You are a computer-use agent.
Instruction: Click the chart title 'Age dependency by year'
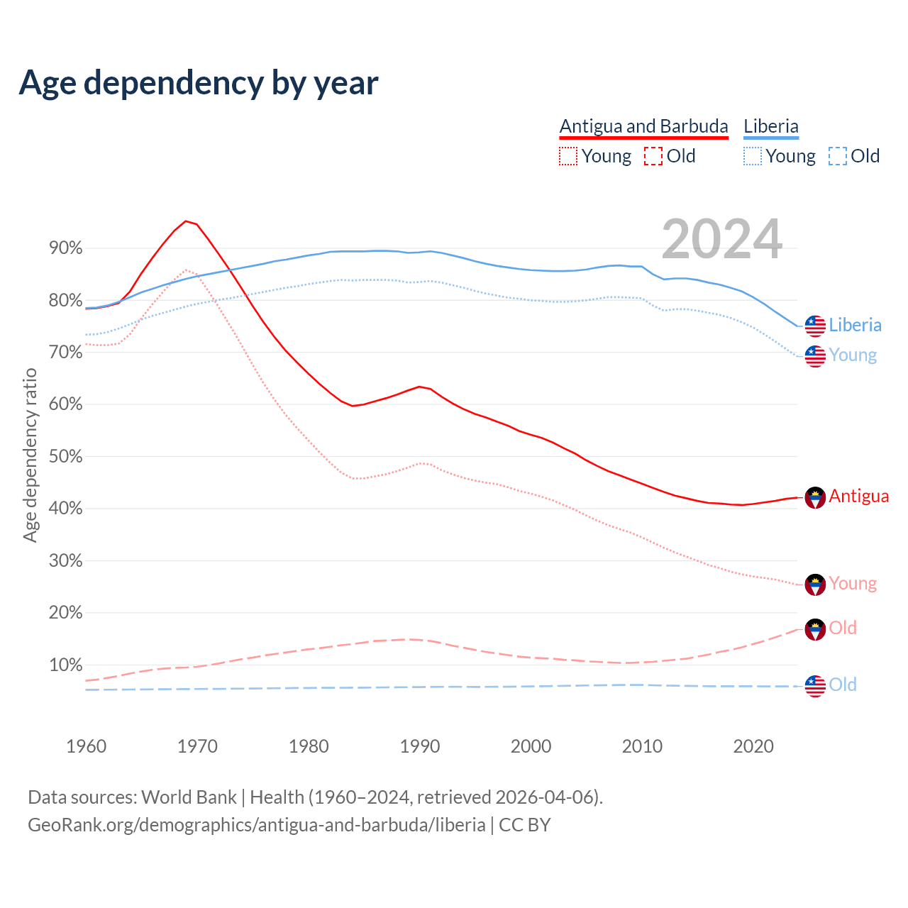pyautogui.click(x=199, y=82)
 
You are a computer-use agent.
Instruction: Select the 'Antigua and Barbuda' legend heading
pyautogui.click(x=643, y=126)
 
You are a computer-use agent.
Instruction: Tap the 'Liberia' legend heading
pyautogui.click(x=771, y=126)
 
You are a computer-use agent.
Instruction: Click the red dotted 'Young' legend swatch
pyautogui.click(x=569, y=156)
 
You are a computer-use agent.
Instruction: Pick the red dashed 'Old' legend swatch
pyautogui.click(x=653, y=156)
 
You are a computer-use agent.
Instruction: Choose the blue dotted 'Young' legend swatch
pyautogui.click(x=753, y=156)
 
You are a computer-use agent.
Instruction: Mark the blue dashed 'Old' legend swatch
pyautogui.click(x=838, y=156)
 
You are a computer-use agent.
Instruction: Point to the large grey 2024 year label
pyautogui.click(x=722, y=239)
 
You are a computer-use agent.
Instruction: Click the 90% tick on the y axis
pyautogui.click(x=65, y=248)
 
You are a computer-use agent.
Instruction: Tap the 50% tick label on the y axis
pyautogui.click(x=65, y=457)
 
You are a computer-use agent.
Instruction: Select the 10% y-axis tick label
pyautogui.click(x=65, y=665)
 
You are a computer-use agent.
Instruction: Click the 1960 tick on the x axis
pyautogui.click(x=86, y=746)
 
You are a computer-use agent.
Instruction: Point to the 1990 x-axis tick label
pyautogui.click(x=420, y=746)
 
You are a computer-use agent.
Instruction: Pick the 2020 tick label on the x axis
pyautogui.click(x=753, y=746)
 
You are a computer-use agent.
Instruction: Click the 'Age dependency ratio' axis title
pyautogui.click(x=30, y=455)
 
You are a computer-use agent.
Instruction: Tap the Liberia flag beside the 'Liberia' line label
pyautogui.click(x=815, y=326)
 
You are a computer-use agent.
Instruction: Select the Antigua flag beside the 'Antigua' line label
pyautogui.click(x=815, y=497)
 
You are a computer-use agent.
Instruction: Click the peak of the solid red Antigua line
pyautogui.click(x=186, y=221)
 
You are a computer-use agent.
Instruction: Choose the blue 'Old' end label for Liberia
pyautogui.click(x=843, y=685)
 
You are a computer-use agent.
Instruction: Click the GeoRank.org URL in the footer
pyautogui.click(x=256, y=825)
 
